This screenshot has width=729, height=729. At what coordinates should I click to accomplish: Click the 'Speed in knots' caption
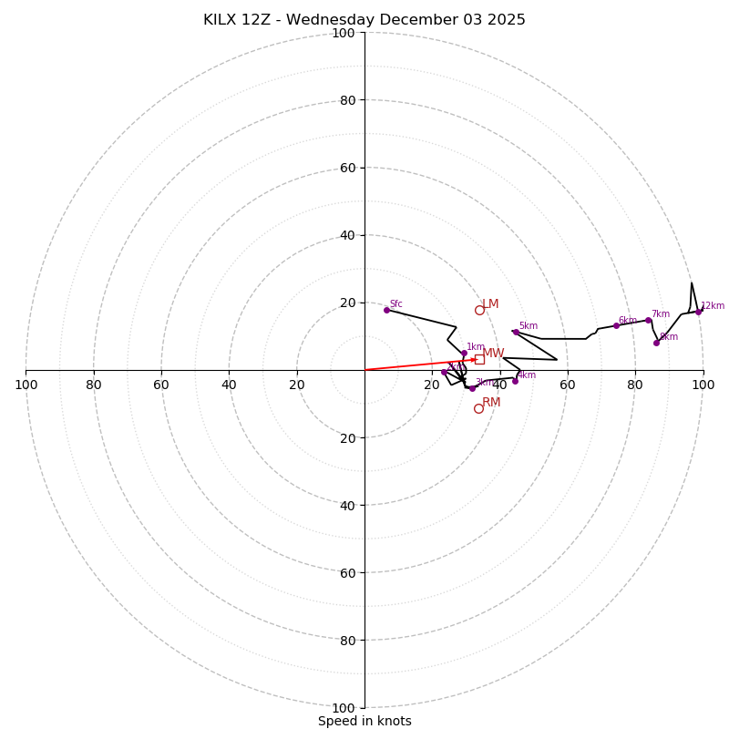click(x=364, y=721)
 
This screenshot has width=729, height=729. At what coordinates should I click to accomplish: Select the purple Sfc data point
click(x=386, y=310)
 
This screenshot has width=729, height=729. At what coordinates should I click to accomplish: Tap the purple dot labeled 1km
click(x=464, y=353)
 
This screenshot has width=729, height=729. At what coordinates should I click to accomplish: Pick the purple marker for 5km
click(x=516, y=332)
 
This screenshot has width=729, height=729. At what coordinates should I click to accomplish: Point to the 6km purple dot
click(x=616, y=325)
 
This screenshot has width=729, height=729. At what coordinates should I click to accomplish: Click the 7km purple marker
click(x=648, y=320)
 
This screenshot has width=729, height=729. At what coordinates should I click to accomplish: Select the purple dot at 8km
click(x=656, y=343)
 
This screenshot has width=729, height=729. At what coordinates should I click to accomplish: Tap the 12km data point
click(x=699, y=312)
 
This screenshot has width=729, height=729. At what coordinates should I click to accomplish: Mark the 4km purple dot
click(x=515, y=381)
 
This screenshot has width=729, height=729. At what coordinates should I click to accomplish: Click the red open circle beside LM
click(x=479, y=310)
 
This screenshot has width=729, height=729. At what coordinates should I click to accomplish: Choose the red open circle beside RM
click(x=478, y=408)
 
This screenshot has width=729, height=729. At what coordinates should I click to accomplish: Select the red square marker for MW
click(x=479, y=359)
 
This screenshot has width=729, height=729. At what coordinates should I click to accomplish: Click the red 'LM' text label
click(x=490, y=303)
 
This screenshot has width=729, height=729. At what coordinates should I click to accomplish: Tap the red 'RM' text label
click(x=491, y=402)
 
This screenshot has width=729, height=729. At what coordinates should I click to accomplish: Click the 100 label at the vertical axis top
click(x=344, y=33)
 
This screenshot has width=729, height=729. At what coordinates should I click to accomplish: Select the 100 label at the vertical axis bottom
click(x=344, y=707)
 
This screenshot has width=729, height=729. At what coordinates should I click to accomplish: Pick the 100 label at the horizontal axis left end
click(x=26, y=385)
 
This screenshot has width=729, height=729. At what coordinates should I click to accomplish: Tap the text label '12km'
click(x=713, y=306)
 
